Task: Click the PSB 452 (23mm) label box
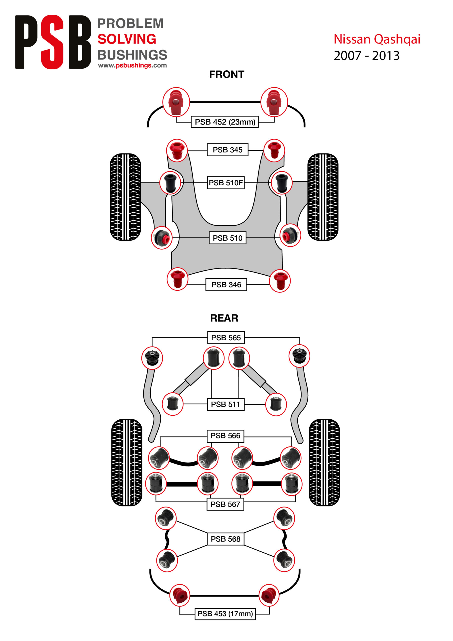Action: (x=224, y=122)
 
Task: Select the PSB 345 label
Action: (x=228, y=150)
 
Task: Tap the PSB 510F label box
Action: (x=226, y=183)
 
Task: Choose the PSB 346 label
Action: (x=226, y=284)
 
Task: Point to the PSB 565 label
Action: (x=226, y=338)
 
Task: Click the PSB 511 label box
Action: (x=225, y=404)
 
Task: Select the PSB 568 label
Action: (x=225, y=539)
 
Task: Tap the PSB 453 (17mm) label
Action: (x=225, y=614)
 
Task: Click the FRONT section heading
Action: (x=227, y=74)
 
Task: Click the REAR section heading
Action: (x=224, y=318)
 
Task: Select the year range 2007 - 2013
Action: (x=366, y=56)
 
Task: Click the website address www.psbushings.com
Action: (x=132, y=65)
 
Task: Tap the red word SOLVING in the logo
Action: (x=127, y=39)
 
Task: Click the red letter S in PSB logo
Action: (x=53, y=42)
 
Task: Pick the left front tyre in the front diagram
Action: (x=125, y=197)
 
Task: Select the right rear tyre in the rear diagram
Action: (x=324, y=462)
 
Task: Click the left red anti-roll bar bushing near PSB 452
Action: (x=176, y=102)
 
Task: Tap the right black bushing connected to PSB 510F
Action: (x=282, y=183)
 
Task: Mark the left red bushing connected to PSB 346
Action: (x=177, y=279)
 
